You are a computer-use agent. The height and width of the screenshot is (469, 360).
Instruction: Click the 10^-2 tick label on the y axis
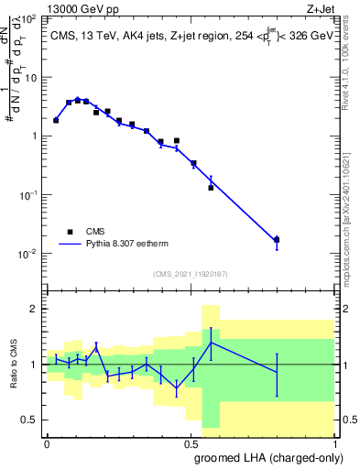coord(29,254)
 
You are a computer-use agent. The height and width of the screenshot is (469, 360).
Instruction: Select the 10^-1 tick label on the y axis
coord(29,195)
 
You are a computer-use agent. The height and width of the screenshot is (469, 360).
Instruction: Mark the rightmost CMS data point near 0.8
coord(277,240)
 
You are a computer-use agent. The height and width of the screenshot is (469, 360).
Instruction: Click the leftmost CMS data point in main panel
coord(56,120)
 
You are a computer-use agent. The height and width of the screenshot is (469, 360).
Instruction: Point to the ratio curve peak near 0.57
coord(211,343)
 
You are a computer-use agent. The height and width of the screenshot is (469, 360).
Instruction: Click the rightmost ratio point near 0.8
coord(277,371)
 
